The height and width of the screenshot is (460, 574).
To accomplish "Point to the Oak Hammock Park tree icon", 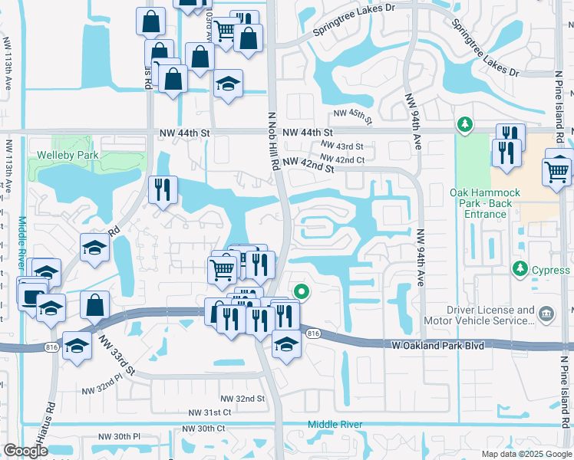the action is coord(463,123).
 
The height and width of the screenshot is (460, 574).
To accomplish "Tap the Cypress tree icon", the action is coord(520,269).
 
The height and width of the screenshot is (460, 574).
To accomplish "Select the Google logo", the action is coord(25,451).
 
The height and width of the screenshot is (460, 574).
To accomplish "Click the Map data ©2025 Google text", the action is coord(527,454).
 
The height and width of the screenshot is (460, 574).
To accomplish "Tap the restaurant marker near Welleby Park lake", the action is coord(163,189).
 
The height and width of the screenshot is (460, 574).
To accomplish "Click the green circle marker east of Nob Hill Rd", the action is coord(302,291).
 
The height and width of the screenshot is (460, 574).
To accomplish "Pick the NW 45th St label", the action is coord(352,115).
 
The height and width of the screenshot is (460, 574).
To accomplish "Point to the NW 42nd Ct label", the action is coord(341,159).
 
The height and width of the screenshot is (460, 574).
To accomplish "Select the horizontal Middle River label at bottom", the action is coord(335,425).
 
